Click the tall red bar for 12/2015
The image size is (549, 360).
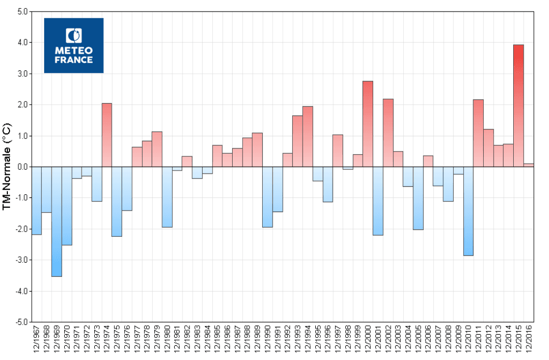point(518,105)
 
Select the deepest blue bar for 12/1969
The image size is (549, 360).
point(56,221)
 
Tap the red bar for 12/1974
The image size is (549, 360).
point(106,135)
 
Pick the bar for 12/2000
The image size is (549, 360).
point(368,124)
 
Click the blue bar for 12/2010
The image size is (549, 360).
point(468,211)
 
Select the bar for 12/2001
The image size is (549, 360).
point(378,201)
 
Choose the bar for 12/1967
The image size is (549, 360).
point(36,200)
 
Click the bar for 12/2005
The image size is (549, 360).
point(418,198)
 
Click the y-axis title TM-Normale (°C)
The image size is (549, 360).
point(7,166)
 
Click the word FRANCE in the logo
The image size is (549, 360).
point(74,60)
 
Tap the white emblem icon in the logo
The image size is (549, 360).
point(74,36)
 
